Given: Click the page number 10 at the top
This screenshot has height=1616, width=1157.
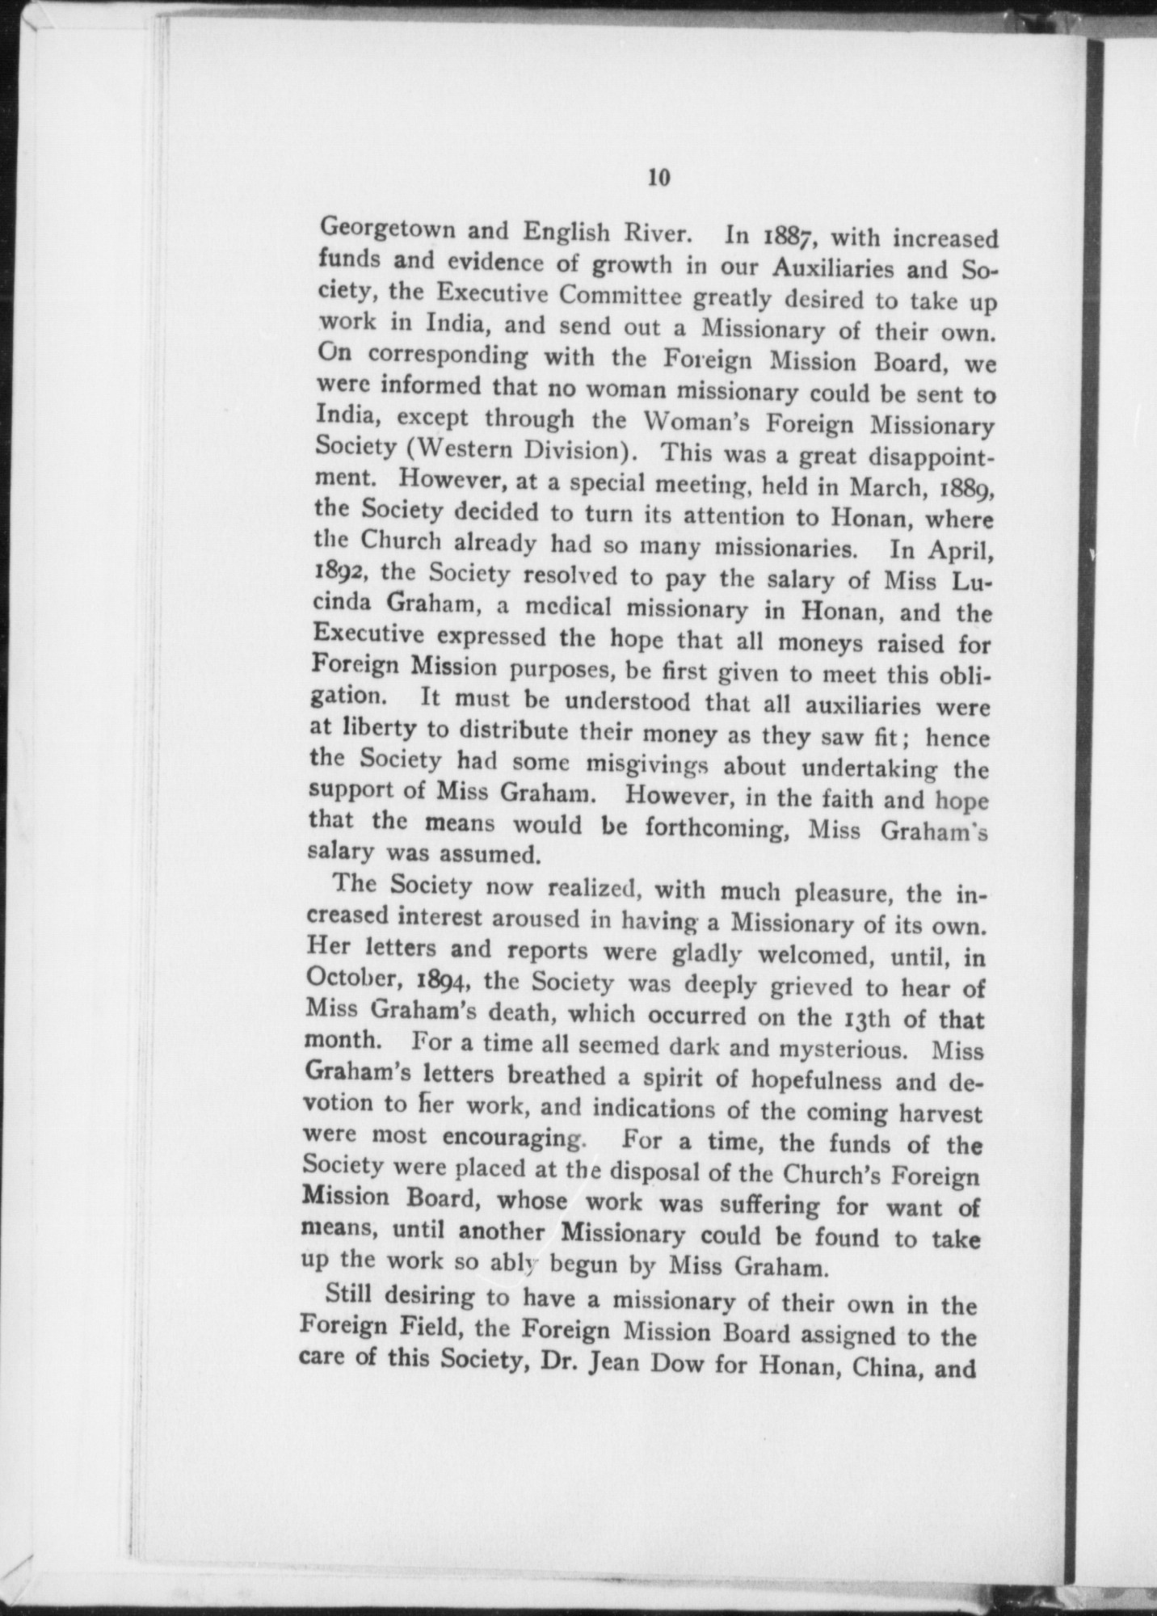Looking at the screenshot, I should point(658,179).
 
